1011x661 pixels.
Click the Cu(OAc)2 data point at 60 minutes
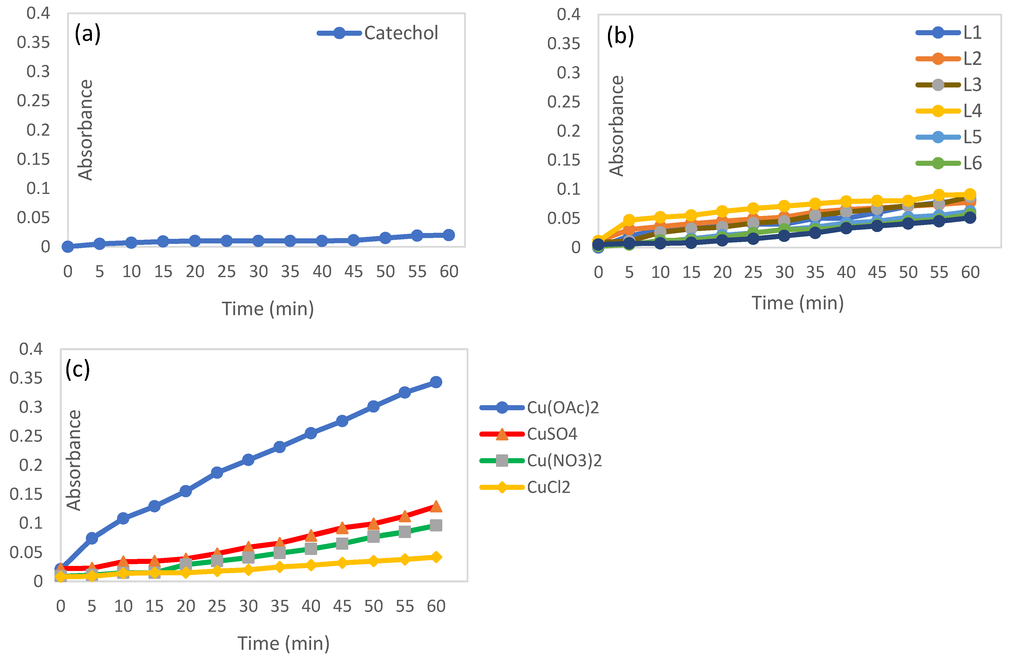436,382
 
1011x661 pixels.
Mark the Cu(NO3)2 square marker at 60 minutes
436,525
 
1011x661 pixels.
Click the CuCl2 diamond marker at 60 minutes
436,557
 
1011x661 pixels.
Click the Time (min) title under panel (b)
797,303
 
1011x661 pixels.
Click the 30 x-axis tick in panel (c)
248,606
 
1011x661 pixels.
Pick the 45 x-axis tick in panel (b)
877,272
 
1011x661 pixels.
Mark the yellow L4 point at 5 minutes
629,220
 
